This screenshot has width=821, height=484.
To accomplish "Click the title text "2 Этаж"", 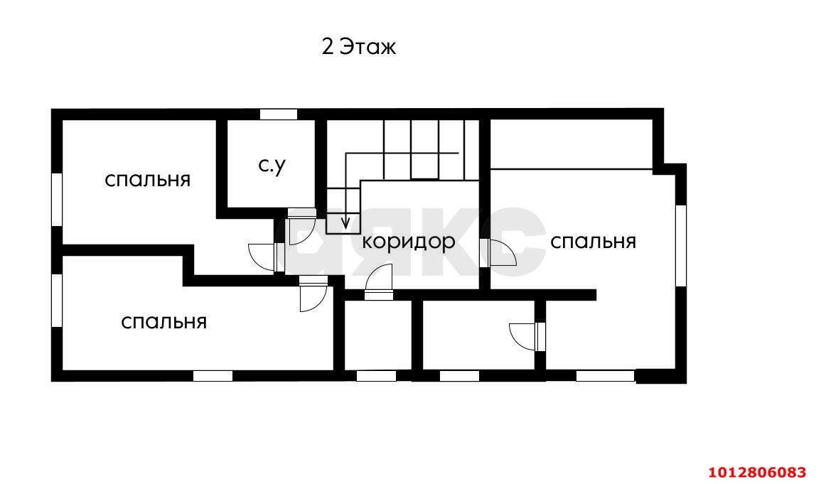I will coord(358,47).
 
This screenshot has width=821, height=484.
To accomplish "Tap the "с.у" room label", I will coord(272,166).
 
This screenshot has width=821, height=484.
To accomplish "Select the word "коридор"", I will coord(408,242).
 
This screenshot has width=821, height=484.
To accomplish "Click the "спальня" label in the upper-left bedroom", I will coord(148,179).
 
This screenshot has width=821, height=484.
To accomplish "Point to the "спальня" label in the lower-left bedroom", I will coord(163,322).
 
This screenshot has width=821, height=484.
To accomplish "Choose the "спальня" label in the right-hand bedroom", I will coord(593,242).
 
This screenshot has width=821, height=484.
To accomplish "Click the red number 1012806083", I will coord(757,472).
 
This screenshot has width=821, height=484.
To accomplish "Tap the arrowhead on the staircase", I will coord(345,224).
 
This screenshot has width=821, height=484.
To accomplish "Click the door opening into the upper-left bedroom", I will coord(263,255).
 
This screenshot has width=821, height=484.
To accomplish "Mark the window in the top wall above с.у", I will coord(278,114).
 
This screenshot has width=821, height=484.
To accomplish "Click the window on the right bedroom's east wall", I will coord(680,245).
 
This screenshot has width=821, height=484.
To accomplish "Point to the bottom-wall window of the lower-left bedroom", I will coord(213,376).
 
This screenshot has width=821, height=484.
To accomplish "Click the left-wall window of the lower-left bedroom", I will coord(57,301).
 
